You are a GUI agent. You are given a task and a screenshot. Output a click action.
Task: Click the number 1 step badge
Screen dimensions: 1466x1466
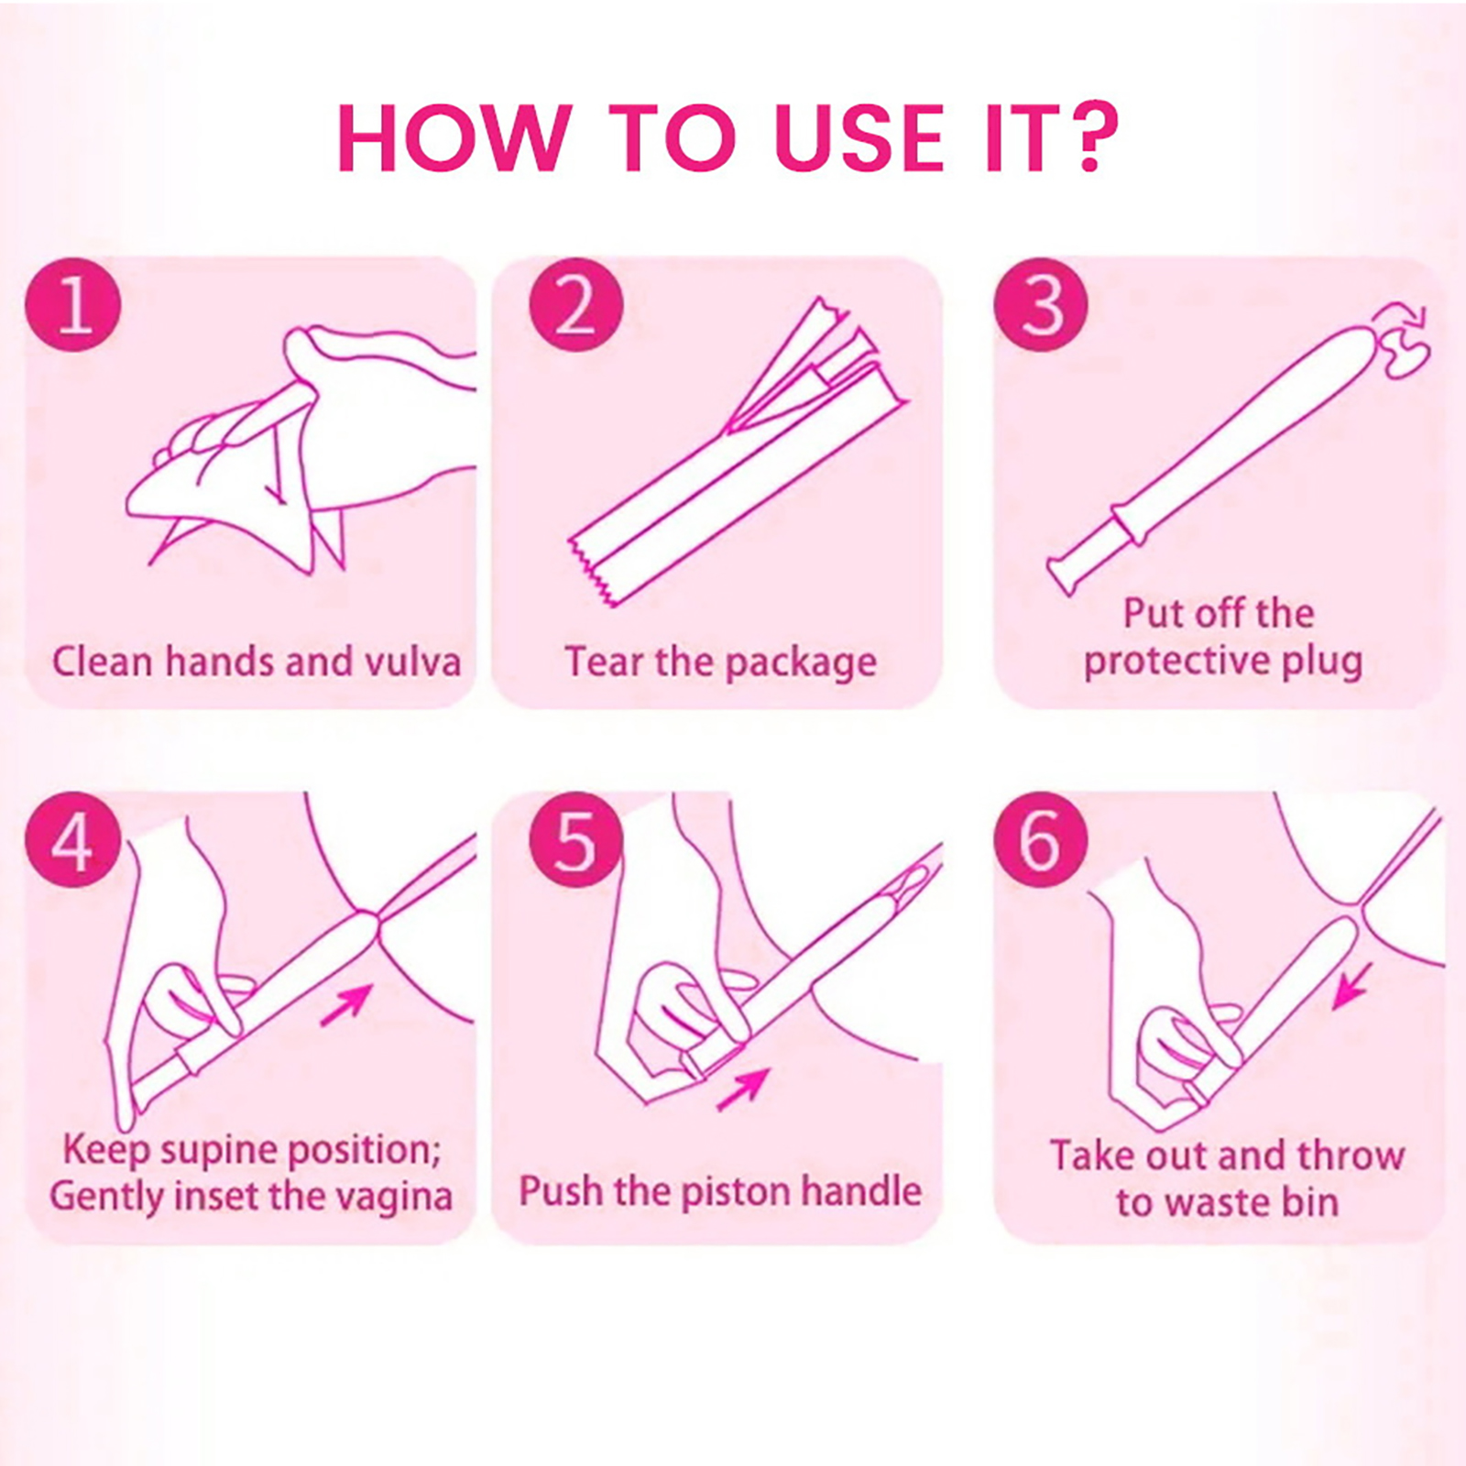(73, 304)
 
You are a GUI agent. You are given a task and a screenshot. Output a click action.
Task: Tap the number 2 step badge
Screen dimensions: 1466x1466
(575, 304)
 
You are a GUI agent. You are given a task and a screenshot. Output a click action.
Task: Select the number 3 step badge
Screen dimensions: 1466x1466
(1041, 304)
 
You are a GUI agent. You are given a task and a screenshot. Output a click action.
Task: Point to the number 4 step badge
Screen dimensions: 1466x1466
(73, 839)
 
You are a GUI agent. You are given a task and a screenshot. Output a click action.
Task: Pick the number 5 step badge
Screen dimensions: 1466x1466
(575, 839)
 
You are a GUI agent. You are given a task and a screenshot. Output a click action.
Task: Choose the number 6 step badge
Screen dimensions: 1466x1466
(1041, 839)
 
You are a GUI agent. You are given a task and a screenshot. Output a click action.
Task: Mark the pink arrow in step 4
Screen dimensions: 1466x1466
(347, 1004)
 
